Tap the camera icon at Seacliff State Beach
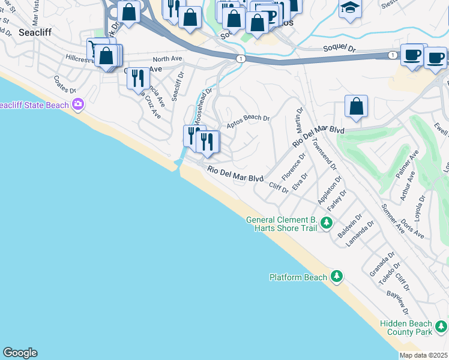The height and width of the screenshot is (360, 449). (77, 105)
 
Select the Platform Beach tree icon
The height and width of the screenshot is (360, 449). (337, 277)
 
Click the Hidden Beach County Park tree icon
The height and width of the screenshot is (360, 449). (441, 326)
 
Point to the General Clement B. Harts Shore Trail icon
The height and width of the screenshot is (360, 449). (326, 223)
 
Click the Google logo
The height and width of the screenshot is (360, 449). (20, 353)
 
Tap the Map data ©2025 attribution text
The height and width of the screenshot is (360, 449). (424, 355)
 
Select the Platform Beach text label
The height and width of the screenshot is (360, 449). (298, 277)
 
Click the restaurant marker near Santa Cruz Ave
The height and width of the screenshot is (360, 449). (139, 77)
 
